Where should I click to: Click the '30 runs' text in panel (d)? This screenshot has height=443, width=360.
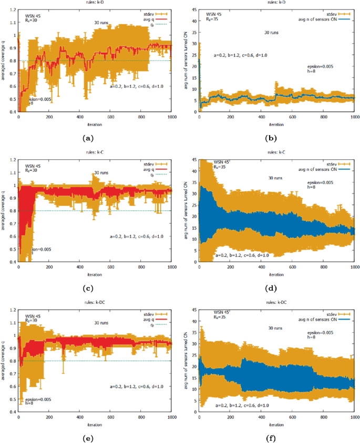coord(275,178)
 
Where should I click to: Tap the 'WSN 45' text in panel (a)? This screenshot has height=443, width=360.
coord(33,10)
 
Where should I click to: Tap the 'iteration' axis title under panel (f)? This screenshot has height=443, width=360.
coord(276,424)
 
